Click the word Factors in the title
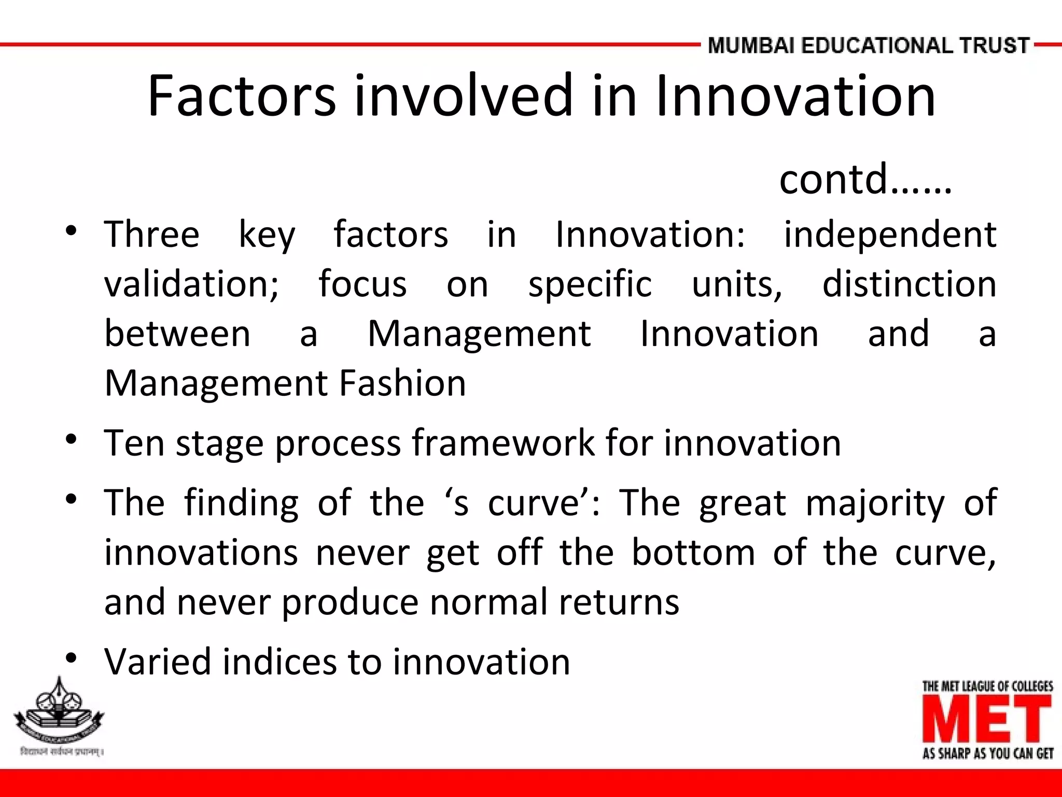(242, 96)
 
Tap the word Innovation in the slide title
(795, 96)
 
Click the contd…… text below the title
(865, 179)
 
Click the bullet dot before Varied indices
(72, 658)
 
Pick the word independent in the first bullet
(890, 235)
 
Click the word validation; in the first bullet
(191, 284)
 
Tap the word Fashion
(402, 383)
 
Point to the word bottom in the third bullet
(693, 553)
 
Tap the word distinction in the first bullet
(909, 284)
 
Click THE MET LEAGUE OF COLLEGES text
(987, 686)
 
